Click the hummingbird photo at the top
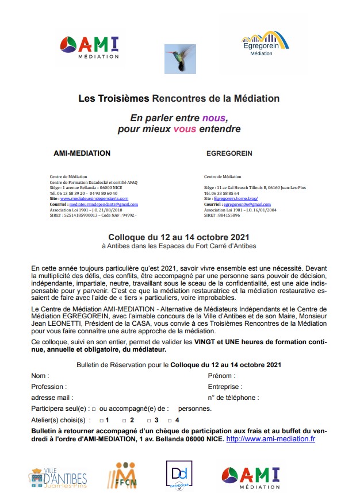pos(180,57)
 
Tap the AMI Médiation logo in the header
pos(90,47)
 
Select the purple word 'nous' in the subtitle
pos(213,118)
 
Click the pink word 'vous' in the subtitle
pos(185,129)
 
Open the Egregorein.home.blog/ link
pos(238,198)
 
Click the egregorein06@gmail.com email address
pos(247,204)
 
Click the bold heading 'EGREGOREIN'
pos(229,153)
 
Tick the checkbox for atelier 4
pos(162,421)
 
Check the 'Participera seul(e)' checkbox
pos(93,409)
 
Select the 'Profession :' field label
pos(49,387)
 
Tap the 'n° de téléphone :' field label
pos(233,398)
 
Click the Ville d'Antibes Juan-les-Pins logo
pos(58,476)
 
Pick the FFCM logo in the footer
pos(121,476)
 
